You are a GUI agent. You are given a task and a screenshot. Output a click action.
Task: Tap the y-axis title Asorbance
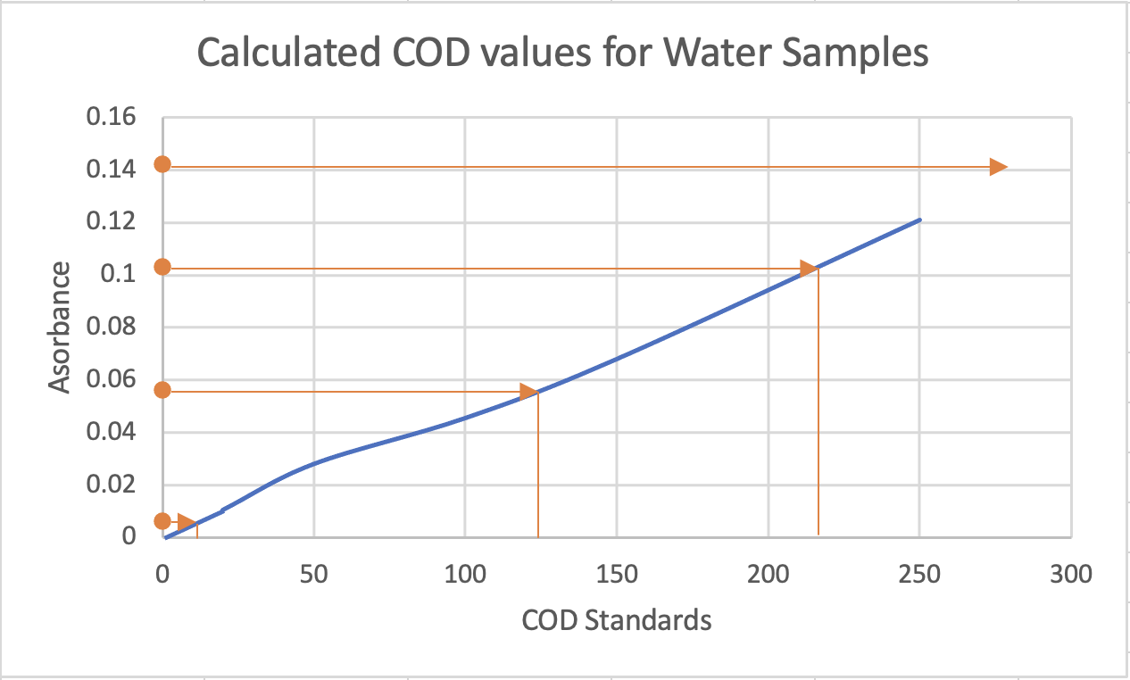(x=60, y=327)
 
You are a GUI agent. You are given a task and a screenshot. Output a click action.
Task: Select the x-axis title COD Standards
(x=616, y=619)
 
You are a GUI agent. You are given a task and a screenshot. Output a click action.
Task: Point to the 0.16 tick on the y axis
(x=111, y=118)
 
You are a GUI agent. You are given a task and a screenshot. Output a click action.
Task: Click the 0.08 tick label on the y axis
(x=111, y=328)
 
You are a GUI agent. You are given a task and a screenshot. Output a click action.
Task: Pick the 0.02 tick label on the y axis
(x=111, y=485)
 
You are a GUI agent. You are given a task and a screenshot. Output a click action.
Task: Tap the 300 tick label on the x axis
(x=1070, y=574)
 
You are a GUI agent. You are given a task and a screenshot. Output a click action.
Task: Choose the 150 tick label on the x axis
(x=616, y=574)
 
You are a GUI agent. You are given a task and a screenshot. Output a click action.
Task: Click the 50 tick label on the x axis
(x=313, y=574)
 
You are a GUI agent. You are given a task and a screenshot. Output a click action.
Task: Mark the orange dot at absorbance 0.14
(x=162, y=164)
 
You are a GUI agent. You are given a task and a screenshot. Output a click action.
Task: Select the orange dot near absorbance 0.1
(x=162, y=267)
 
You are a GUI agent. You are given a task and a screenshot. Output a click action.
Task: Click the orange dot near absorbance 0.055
(x=162, y=390)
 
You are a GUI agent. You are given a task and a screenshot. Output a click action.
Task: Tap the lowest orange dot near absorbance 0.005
(x=162, y=521)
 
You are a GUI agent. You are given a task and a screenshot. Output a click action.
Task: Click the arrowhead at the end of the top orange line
(x=997, y=167)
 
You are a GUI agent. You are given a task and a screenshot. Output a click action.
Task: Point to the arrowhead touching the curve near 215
(x=808, y=269)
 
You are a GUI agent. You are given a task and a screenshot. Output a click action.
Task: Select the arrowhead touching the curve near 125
(x=528, y=392)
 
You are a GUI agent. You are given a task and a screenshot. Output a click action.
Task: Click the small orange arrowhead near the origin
(x=187, y=522)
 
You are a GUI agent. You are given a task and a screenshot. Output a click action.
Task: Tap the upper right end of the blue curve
(x=918, y=220)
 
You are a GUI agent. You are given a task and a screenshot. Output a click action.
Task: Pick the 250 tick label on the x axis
(x=919, y=574)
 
